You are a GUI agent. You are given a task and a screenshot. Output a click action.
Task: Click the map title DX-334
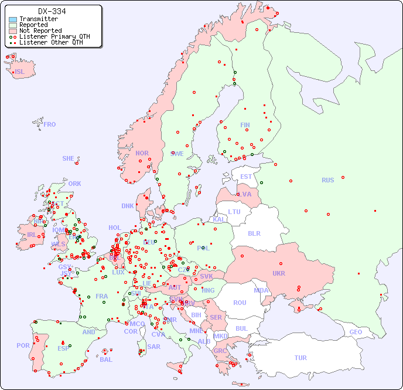tap(52, 11)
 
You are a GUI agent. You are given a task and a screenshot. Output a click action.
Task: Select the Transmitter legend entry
tap(38, 19)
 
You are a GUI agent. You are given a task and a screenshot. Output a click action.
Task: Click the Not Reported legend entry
tap(40, 30)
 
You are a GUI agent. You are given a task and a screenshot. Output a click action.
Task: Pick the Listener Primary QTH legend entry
tap(54, 36)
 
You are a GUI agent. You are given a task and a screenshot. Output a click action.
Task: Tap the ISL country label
tap(20, 72)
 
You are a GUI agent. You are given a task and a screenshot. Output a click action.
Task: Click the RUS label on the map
tap(327, 180)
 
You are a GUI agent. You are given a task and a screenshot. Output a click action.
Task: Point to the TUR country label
tap(300, 358)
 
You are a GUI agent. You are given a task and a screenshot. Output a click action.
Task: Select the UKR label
tap(278, 273)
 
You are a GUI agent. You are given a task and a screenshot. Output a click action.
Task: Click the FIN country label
tap(245, 125)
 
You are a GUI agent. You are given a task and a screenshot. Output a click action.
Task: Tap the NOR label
tap(142, 153)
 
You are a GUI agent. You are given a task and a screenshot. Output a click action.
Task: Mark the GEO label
tap(356, 332)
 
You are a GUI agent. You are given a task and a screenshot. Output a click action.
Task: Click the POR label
tap(23, 345)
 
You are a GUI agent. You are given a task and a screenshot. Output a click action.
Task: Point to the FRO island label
tap(50, 124)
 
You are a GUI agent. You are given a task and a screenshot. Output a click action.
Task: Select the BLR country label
tap(254, 233)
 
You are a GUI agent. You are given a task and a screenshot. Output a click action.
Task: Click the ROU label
tap(240, 303)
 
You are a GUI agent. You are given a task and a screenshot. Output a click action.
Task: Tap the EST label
tap(246, 177)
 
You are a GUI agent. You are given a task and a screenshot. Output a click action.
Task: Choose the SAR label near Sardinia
tap(153, 346)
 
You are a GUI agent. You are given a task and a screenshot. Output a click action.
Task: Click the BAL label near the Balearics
tap(105, 360)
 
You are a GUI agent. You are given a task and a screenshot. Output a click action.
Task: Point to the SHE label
tap(69, 158)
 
